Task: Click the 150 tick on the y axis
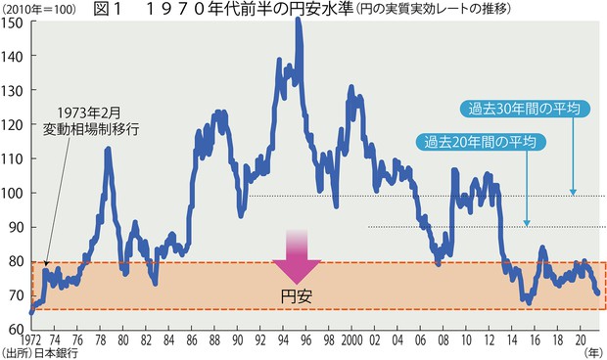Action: tap(14, 22)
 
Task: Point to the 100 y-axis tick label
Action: tap(14, 193)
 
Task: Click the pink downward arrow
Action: tap(296, 257)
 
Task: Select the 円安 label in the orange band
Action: tap(296, 294)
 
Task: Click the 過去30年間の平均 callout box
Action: tap(527, 109)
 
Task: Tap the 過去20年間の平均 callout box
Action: tap(481, 142)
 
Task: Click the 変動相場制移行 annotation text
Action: tap(93, 127)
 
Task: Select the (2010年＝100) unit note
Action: tap(36, 10)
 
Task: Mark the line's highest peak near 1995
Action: tap(297, 21)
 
